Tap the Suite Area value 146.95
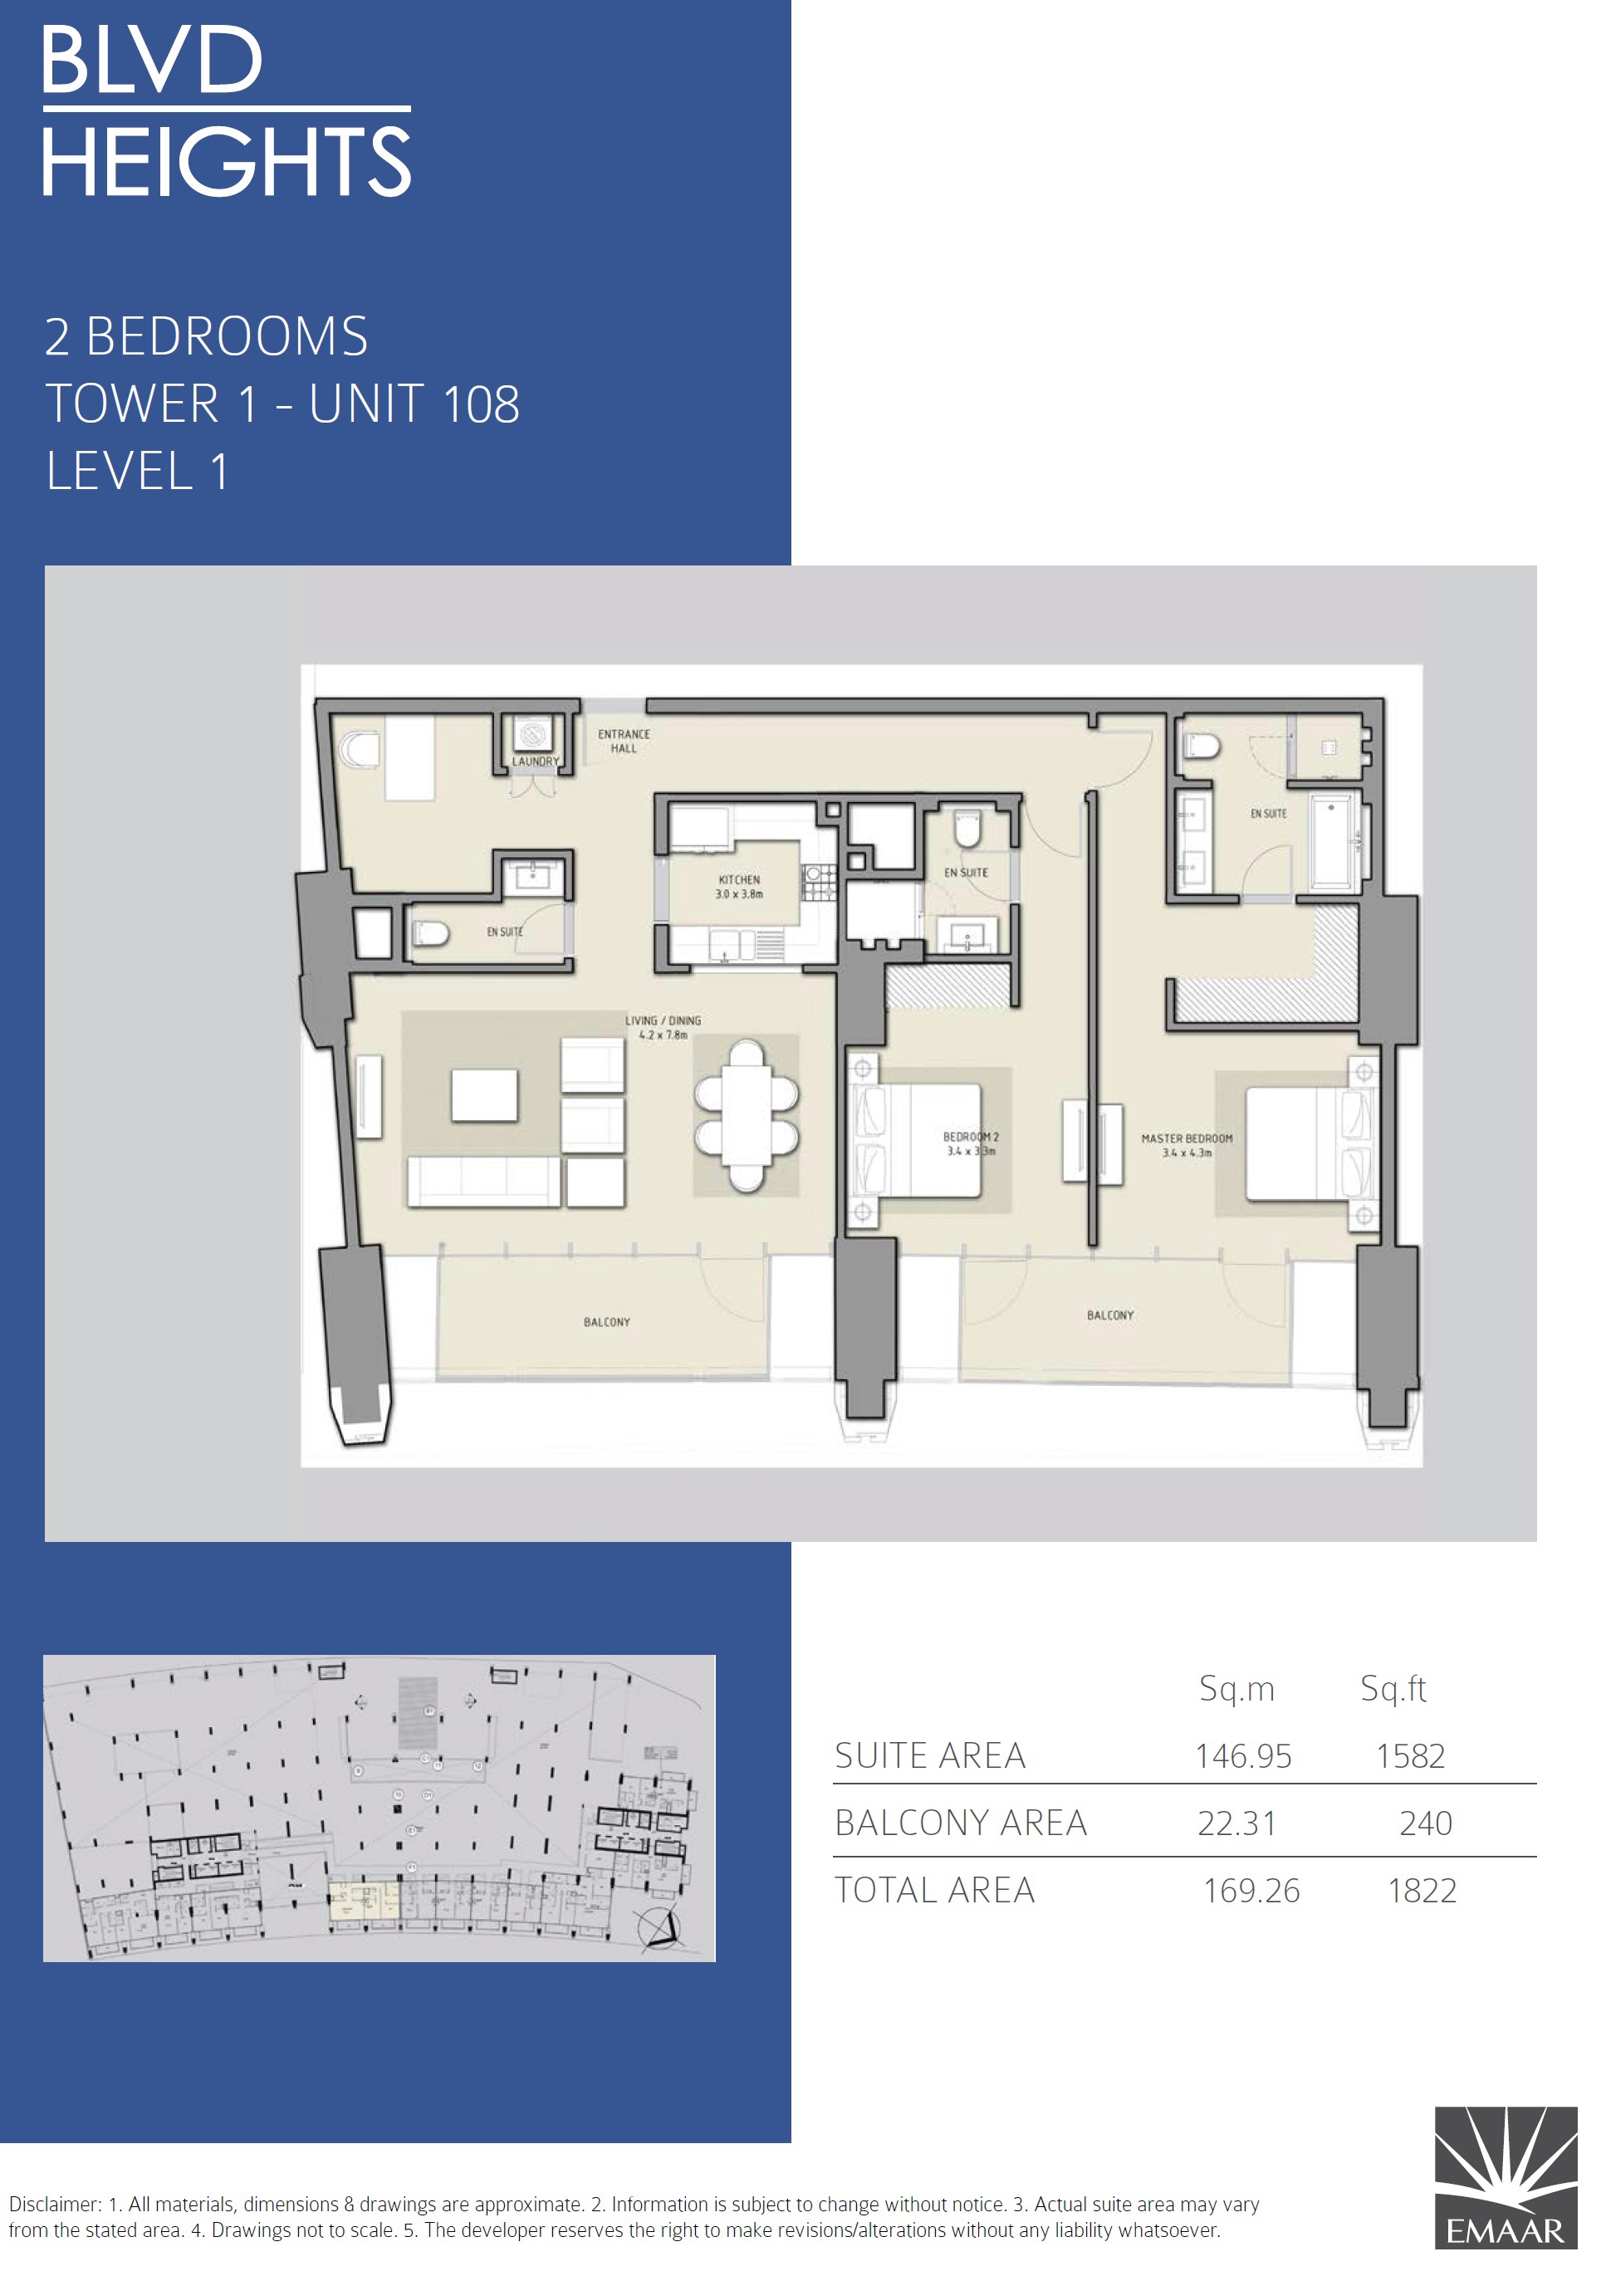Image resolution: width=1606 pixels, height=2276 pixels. tap(1243, 1756)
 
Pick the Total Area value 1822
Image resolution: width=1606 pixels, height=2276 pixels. tap(1422, 1891)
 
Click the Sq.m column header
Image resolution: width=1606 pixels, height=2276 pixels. tap(1236, 1688)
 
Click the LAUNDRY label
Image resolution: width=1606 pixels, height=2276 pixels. tap(536, 761)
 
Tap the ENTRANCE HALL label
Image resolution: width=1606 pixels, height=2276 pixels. tap(624, 742)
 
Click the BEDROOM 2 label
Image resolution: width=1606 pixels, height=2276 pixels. tap(971, 1137)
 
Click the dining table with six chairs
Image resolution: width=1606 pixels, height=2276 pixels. tap(747, 1115)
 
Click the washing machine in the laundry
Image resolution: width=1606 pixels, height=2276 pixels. tap(533, 735)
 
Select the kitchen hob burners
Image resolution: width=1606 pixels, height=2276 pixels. tap(819, 881)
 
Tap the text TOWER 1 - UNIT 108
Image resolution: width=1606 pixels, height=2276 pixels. tap(282, 404)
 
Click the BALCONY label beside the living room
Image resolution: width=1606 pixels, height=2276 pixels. tap(607, 1323)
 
